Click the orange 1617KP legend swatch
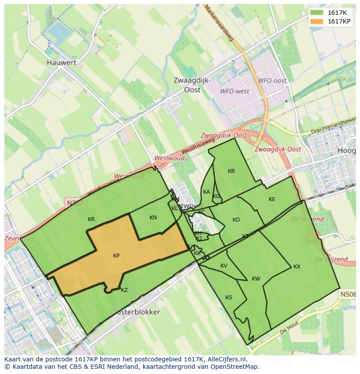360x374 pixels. (x=317, y=21)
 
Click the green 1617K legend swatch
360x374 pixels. (x=317, y=13)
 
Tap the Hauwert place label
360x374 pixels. (x=61, y=63)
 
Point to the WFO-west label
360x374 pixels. (x=234, y=91)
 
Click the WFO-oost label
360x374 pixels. (x=272, y=81)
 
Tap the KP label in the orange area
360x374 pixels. (x=116, y=256)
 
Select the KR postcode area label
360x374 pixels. (x=91, y=219)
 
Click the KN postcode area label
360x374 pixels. (x=153, y=218)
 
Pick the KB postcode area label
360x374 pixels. (x=231, y=171)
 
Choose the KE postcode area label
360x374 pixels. (x=272, y=199)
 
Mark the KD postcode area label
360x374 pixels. (x=236, y=220)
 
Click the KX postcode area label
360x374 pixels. (x=297, y=267)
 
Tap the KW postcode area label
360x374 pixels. (x=256, y=279)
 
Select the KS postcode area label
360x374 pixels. (x=229, y=298)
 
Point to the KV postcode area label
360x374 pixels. (x=224, y=266)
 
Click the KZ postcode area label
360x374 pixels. (x=124, y=290)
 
